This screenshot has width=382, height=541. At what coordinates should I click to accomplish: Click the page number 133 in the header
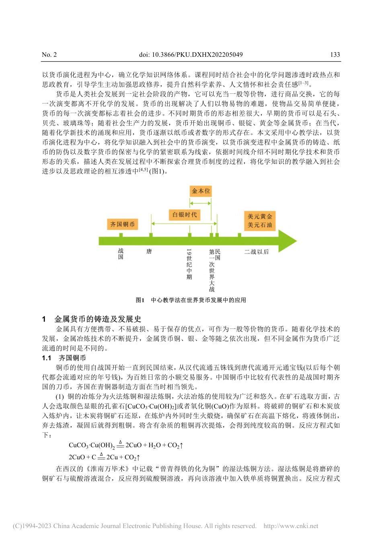coord(335,55)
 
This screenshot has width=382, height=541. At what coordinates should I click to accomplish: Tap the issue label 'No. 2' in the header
coord(49,55)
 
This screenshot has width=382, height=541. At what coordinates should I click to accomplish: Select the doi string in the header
coord(191,55)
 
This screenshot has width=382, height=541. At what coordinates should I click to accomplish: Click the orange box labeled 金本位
coord(201,191)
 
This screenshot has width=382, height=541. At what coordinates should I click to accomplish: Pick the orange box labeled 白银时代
coord(185,215)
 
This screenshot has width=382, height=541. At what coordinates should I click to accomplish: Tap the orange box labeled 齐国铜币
coord(122,225)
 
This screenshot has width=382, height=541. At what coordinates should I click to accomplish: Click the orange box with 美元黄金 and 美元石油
coord(260,221)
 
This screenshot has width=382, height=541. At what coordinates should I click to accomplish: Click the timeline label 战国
coord(121,254)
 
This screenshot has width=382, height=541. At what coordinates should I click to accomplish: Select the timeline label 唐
coord(149,252)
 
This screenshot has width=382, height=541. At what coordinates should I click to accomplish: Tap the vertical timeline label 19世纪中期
coord(189,264)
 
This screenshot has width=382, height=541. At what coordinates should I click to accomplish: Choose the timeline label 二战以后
coord(256,252)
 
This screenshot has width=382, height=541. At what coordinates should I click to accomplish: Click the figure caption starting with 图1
coord(191,300)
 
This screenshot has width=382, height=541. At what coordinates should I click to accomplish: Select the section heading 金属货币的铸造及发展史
coord(98,319)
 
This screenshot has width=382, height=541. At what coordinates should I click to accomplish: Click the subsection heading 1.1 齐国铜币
coord(64,358)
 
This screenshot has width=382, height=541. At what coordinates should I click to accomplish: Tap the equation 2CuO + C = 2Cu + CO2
coord(104,457)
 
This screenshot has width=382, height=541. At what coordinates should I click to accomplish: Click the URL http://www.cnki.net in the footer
coord(291,526)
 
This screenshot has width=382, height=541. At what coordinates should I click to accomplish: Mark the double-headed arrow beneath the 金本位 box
coord(201,203)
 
